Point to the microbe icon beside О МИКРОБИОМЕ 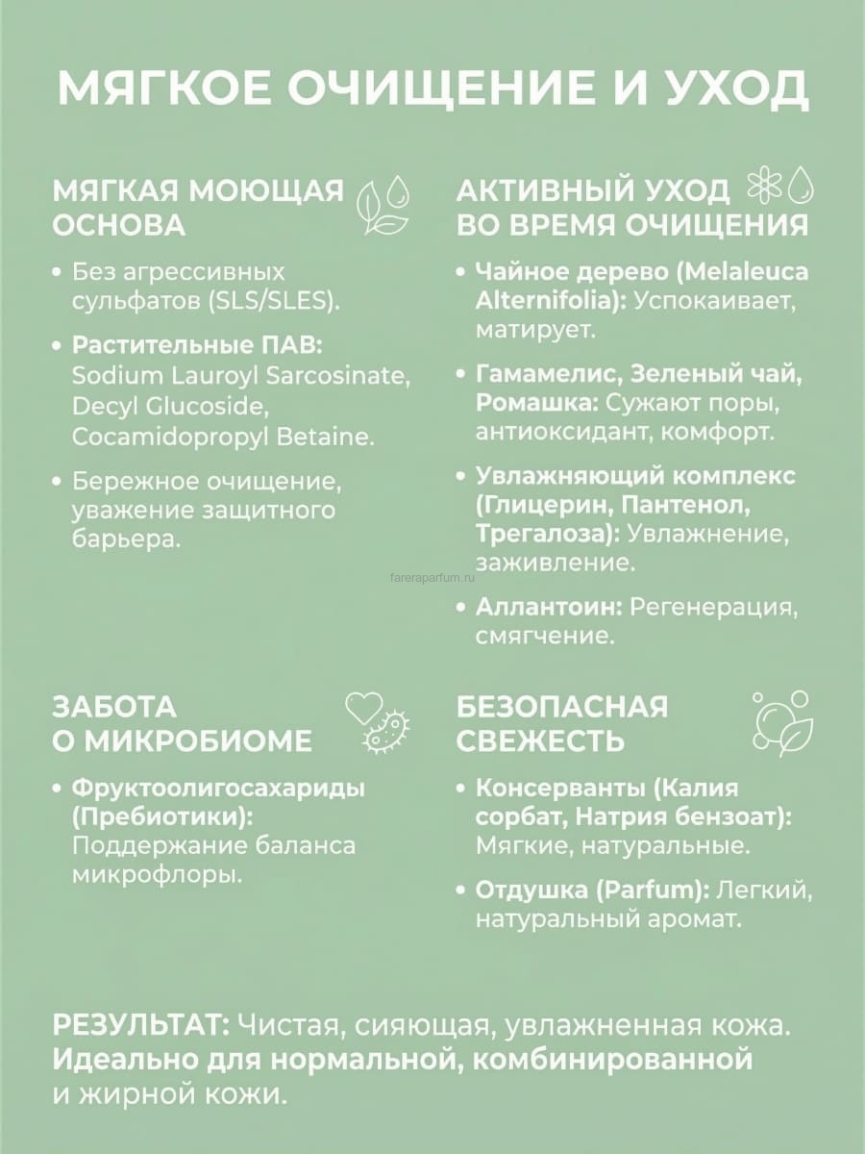click(x=386, y=733)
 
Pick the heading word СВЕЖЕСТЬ click(x=540, y=741)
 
